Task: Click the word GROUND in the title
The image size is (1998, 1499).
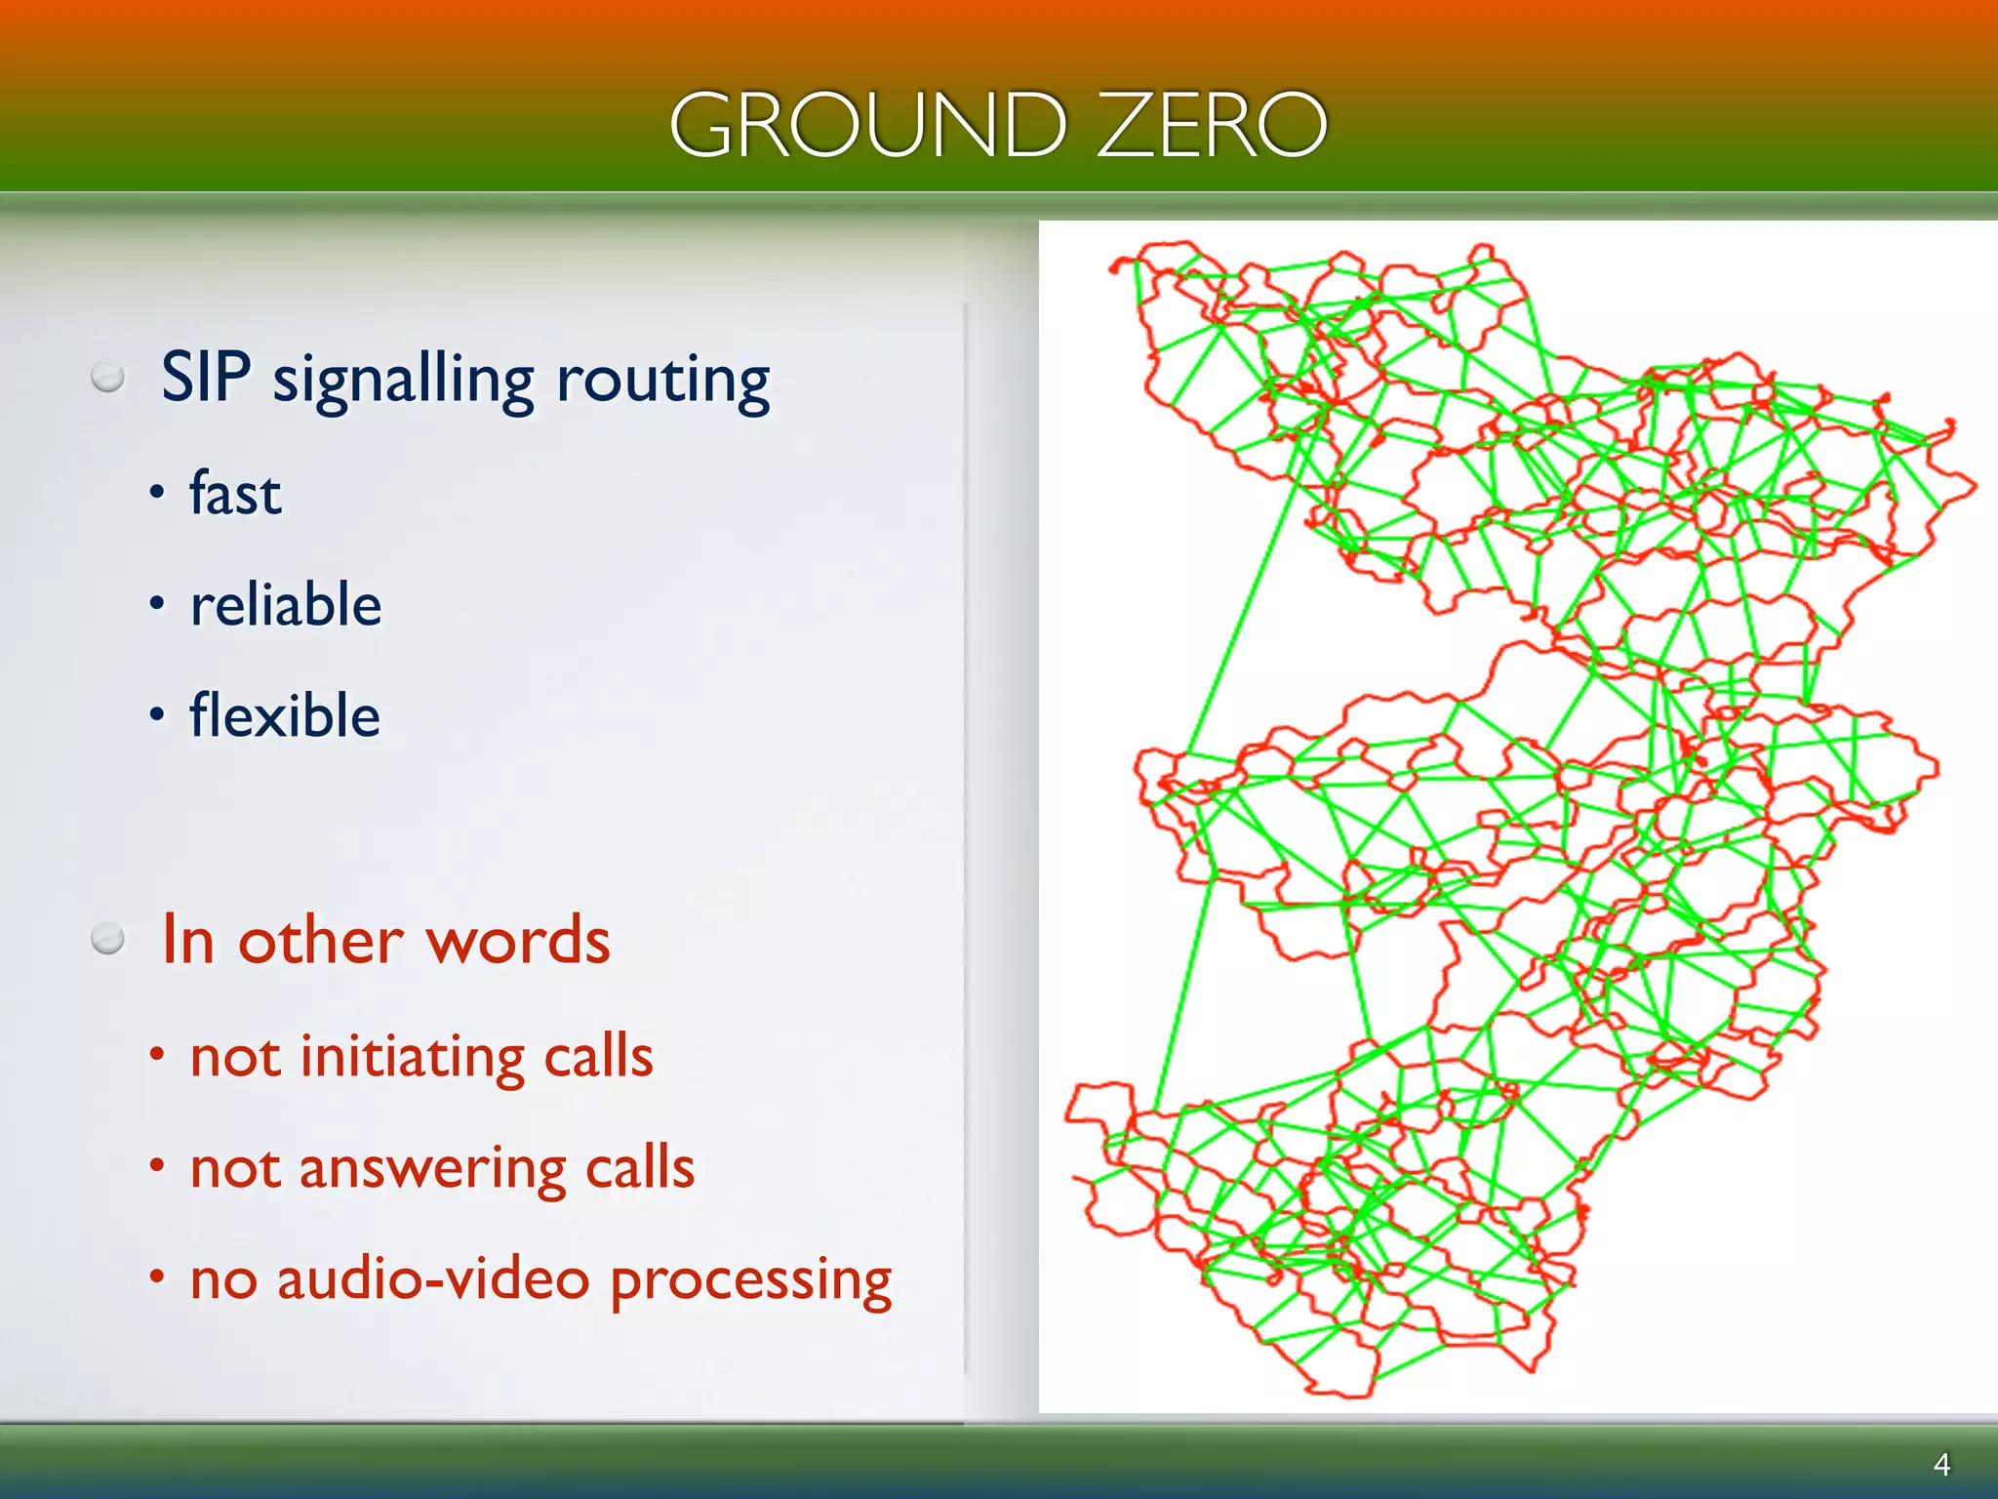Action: point(867,125)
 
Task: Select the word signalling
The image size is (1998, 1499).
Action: point(403,381)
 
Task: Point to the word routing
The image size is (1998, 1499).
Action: point(662,381)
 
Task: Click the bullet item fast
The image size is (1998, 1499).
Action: point(235,493)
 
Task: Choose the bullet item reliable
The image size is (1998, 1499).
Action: point(286,604)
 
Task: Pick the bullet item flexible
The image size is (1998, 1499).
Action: point(284,715)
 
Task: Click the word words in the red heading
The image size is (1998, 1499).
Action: point(518,941)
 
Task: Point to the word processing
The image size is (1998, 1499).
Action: point(750,1280)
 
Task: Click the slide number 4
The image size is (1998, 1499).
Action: point(1941,1464)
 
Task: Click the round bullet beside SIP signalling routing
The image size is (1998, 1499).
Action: point(107,377)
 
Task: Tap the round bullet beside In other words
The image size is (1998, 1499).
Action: point(107,939)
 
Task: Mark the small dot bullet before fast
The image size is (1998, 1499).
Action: point(156,494)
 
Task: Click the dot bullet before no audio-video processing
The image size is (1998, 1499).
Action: point(156,1276)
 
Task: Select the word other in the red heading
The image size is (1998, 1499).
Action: point(321,941)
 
